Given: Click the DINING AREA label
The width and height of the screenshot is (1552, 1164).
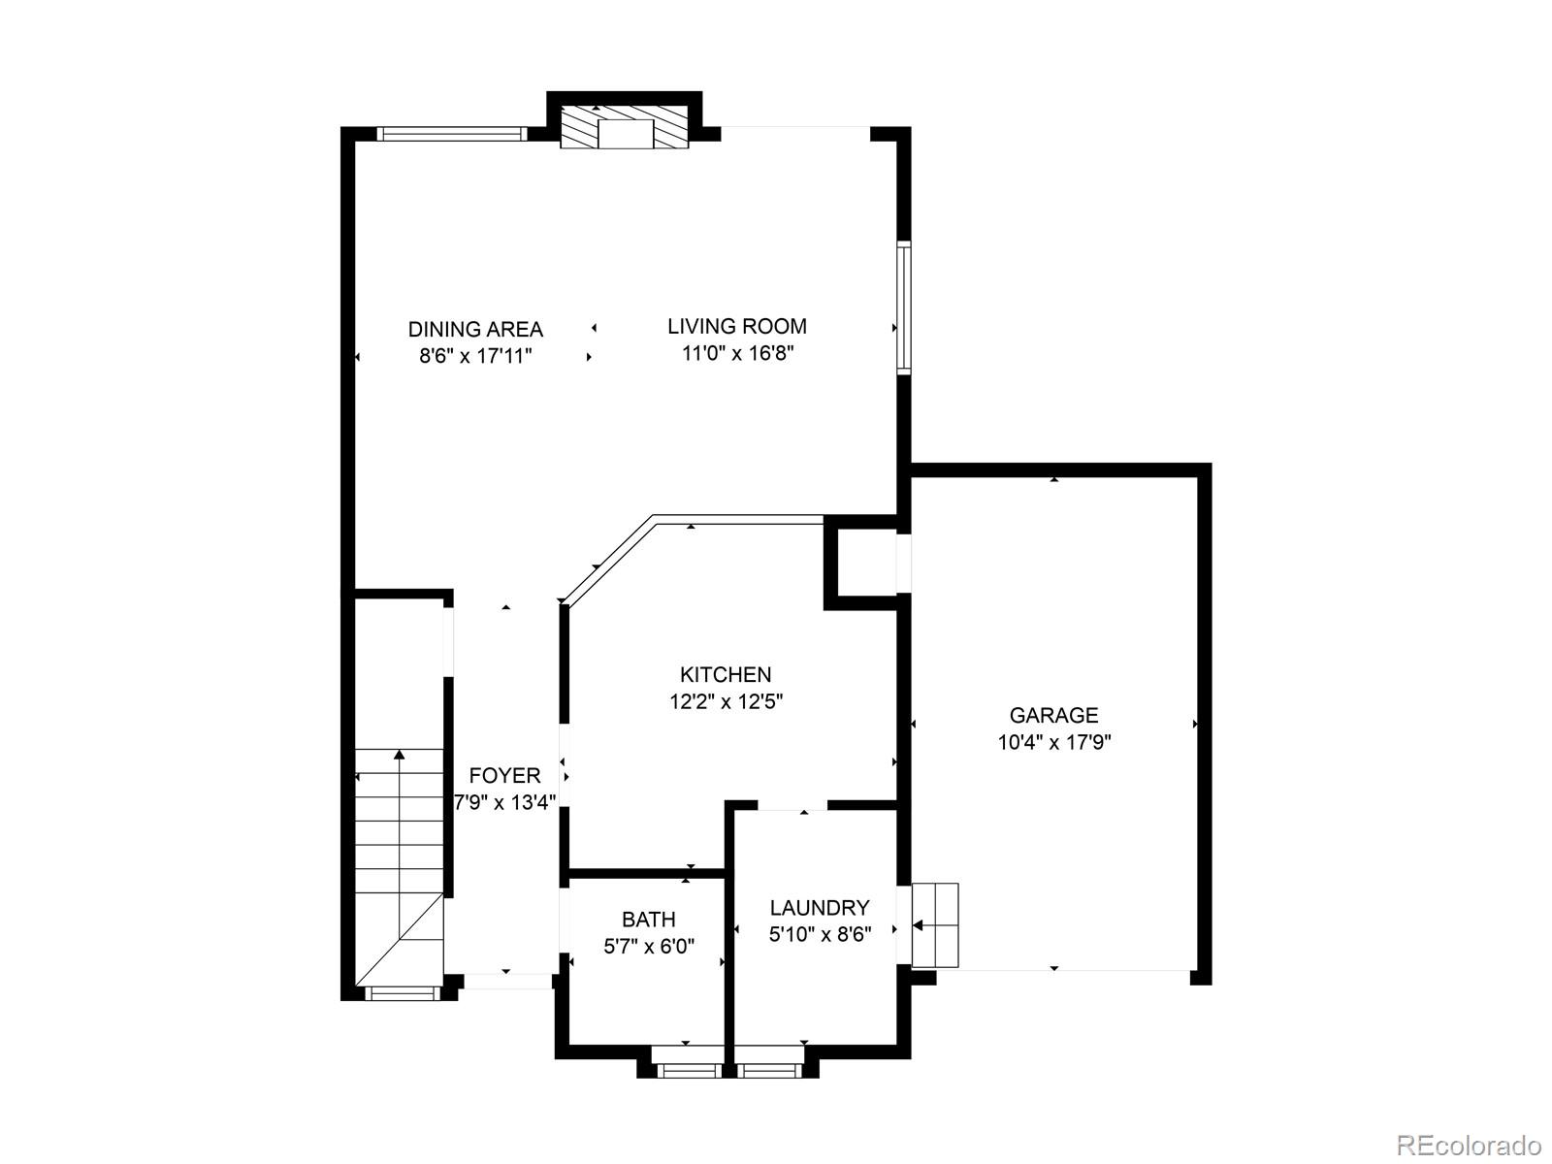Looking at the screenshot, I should coord(475,330).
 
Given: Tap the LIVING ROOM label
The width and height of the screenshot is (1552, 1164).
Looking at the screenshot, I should coord(737,327).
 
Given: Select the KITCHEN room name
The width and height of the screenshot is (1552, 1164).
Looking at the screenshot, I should coord(726,674).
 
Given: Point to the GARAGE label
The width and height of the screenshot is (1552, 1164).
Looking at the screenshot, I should coord(1053,716).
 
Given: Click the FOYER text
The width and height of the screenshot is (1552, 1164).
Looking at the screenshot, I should coord(504,776).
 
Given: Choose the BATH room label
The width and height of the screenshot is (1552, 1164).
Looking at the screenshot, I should coord(649,919).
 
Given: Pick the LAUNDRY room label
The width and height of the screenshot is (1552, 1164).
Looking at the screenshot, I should coord(820,908).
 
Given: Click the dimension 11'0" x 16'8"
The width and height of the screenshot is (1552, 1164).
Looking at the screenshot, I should coord(737,354).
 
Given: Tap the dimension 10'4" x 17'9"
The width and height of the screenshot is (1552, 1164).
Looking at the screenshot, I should coord(1053,743).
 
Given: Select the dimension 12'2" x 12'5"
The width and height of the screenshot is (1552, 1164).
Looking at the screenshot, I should coord(726,701).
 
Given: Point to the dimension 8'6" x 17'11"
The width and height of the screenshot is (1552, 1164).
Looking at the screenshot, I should coord(475,356).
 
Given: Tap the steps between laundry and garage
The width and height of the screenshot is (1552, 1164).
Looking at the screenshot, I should coord(935,924).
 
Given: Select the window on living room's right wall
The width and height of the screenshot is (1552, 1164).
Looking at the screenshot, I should coord(903,307).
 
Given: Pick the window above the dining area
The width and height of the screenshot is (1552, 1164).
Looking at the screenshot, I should coord(451,135).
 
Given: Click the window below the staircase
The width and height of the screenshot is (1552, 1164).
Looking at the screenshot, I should coord(400,993).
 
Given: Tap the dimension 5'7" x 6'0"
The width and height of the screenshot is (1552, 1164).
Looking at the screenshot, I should coord(649,946).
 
